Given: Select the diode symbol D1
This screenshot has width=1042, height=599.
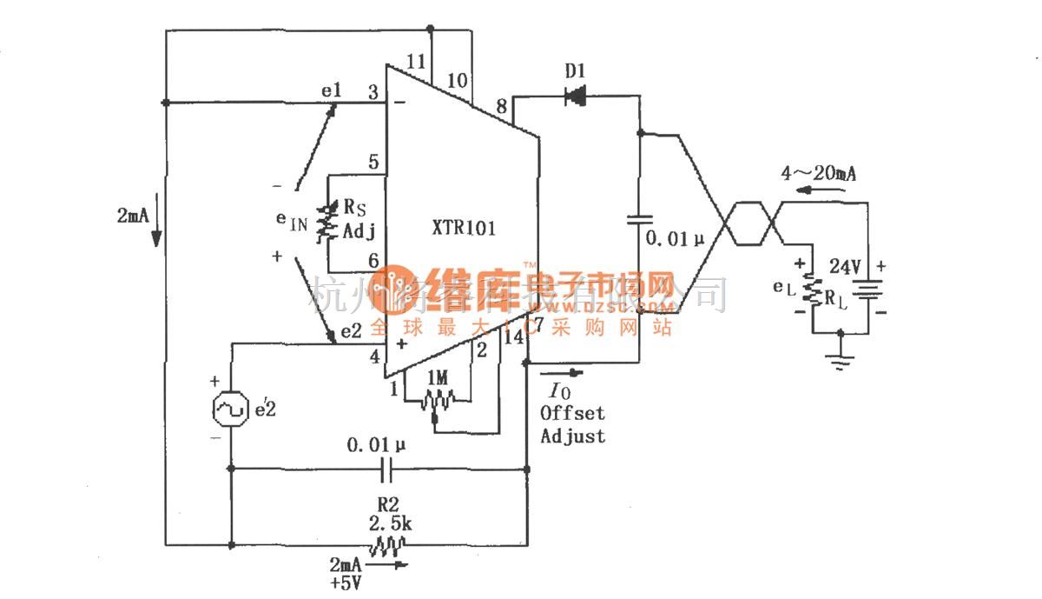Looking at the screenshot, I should click(575, 97).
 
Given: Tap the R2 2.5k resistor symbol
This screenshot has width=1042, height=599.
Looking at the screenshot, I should click(386, 545).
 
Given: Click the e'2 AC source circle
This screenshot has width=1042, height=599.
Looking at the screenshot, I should click(231, 408).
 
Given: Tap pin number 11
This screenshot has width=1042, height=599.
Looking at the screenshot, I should click(417, 62).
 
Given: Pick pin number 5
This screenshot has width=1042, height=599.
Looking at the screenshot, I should click(373, 162).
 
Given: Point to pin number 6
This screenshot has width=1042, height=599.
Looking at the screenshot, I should click(373, 260).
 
